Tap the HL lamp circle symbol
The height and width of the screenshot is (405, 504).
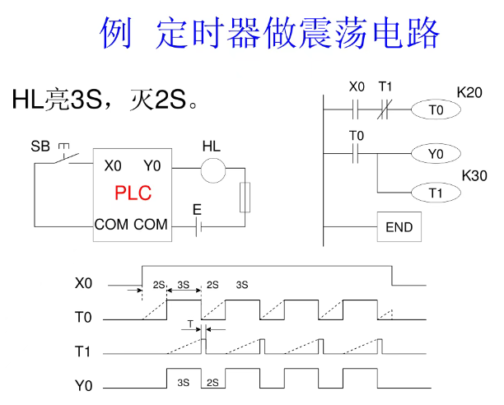click(x=213, y=170)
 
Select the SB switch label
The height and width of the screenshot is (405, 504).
click(x=40, y=147)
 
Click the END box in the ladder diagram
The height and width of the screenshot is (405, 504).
click(x=399, y=226)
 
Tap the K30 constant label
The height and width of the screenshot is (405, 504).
click(x=475, y=175)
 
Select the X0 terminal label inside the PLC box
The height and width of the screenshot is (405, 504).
click(x=113, y=165)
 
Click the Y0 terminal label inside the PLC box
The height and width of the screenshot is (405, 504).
click(x=152, y=165)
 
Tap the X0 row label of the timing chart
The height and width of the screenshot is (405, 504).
click(x=83, y=283)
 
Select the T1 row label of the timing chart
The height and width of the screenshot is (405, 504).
click(x=83, y=351)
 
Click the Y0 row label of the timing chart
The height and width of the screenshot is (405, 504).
click(x=83, y=384)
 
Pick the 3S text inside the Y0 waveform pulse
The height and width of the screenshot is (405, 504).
click(x=184, y=383)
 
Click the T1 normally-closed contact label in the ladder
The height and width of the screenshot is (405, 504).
click(x=385, y=86)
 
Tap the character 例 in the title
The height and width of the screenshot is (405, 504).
click(x=118, y=34)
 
